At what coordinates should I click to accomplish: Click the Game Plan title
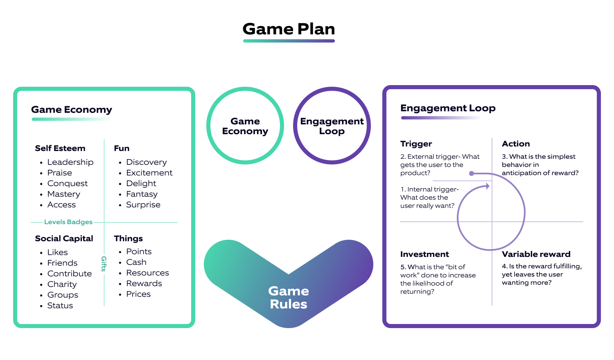tap(289, 29)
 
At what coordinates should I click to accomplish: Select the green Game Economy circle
tap(245, 126)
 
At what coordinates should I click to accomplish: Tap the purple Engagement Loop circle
tap(332, 126)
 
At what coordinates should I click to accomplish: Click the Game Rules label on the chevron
tap(289, 297)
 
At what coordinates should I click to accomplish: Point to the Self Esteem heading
tap(60, 148)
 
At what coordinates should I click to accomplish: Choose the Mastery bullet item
tap(63, 194)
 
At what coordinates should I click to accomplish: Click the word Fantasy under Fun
tap(142, 194)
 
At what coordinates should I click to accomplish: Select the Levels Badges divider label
tap(68, 222)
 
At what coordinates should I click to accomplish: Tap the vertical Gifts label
tap(104, 264)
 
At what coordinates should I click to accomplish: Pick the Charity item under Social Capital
tap(62, 284)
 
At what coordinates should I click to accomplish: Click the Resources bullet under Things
tap(147, 272)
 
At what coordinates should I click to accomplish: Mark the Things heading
tap(128, 239)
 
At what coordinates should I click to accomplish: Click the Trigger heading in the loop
tap(416, 144)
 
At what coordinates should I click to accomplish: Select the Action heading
tap(516, 144)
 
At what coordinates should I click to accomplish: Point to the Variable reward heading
tap(536, 254)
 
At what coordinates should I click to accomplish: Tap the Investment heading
tap(424, 254)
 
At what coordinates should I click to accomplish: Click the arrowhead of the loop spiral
tap(488, 186)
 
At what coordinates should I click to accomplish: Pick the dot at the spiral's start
tap(472, 173)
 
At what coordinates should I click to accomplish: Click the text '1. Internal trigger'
tap(429, 189)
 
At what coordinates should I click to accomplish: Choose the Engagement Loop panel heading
tap(448, 108)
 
